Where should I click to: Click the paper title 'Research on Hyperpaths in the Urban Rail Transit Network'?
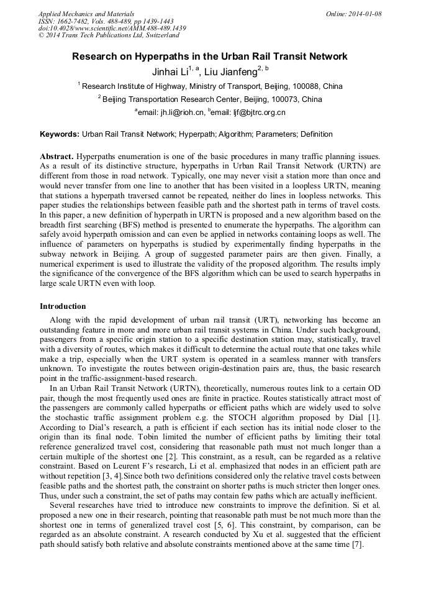coord(210,57)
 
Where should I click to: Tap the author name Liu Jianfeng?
coord(230,72)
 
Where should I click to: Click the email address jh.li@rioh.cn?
coord(181,112)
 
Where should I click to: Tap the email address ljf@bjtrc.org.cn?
coord(256,112)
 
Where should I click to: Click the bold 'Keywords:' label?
coord(60,134)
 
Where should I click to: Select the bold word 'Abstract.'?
coord(57,155)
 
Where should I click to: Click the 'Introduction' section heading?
coord(63,306)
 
